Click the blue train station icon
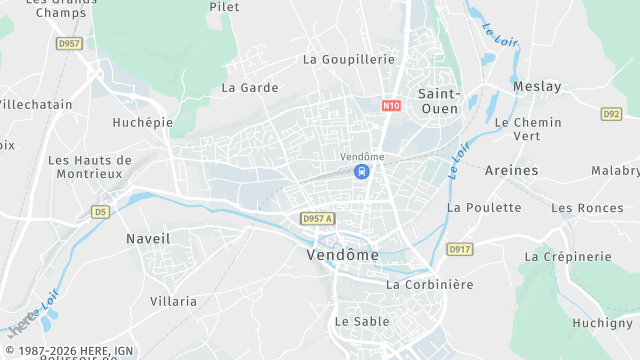tap(361, 172)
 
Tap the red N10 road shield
tap(391, 104)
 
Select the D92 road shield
tap(612, 114)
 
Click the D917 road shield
tap(459, 249)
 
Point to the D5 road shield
tap(99, 212)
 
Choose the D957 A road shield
tap(317, 218)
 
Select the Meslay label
tap(537, 87)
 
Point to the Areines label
tap(511, 170)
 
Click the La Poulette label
tap(484, 207)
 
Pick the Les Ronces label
tap(587, 208)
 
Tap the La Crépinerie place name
tap(567, 256)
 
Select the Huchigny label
tap(603, 322)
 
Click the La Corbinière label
tap(430, 284)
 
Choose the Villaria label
tap(173, 300)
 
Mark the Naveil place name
tap(148, 239)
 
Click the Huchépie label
tap(142, 123)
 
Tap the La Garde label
tap(250, 87)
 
